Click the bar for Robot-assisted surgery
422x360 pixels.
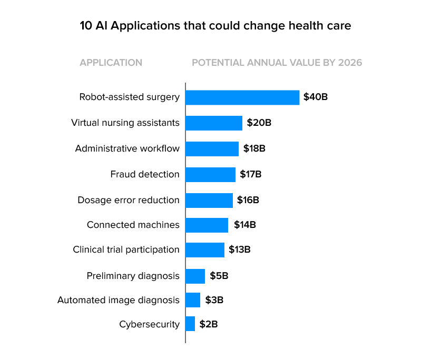[242, 97]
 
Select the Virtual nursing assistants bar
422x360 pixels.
[214, 123]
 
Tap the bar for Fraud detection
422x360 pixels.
[211, 174]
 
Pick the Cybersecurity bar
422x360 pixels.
[190, 324]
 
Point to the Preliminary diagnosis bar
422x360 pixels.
[195, 276]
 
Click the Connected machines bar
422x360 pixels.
[207, 225]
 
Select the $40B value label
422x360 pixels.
[316, 97]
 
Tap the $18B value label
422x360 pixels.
[254, 149]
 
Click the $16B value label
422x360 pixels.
[248, 200]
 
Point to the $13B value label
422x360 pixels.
[240, 249]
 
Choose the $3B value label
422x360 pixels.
[214, 300]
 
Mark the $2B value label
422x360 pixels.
[209, 324]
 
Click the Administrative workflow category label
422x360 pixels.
[127, 148]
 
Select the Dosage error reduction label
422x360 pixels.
[128, 200]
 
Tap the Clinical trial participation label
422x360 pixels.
[126, 249]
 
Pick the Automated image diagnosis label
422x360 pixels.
[118, 300]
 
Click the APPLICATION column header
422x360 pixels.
[111, 63]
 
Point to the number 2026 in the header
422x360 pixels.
[350, 63]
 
